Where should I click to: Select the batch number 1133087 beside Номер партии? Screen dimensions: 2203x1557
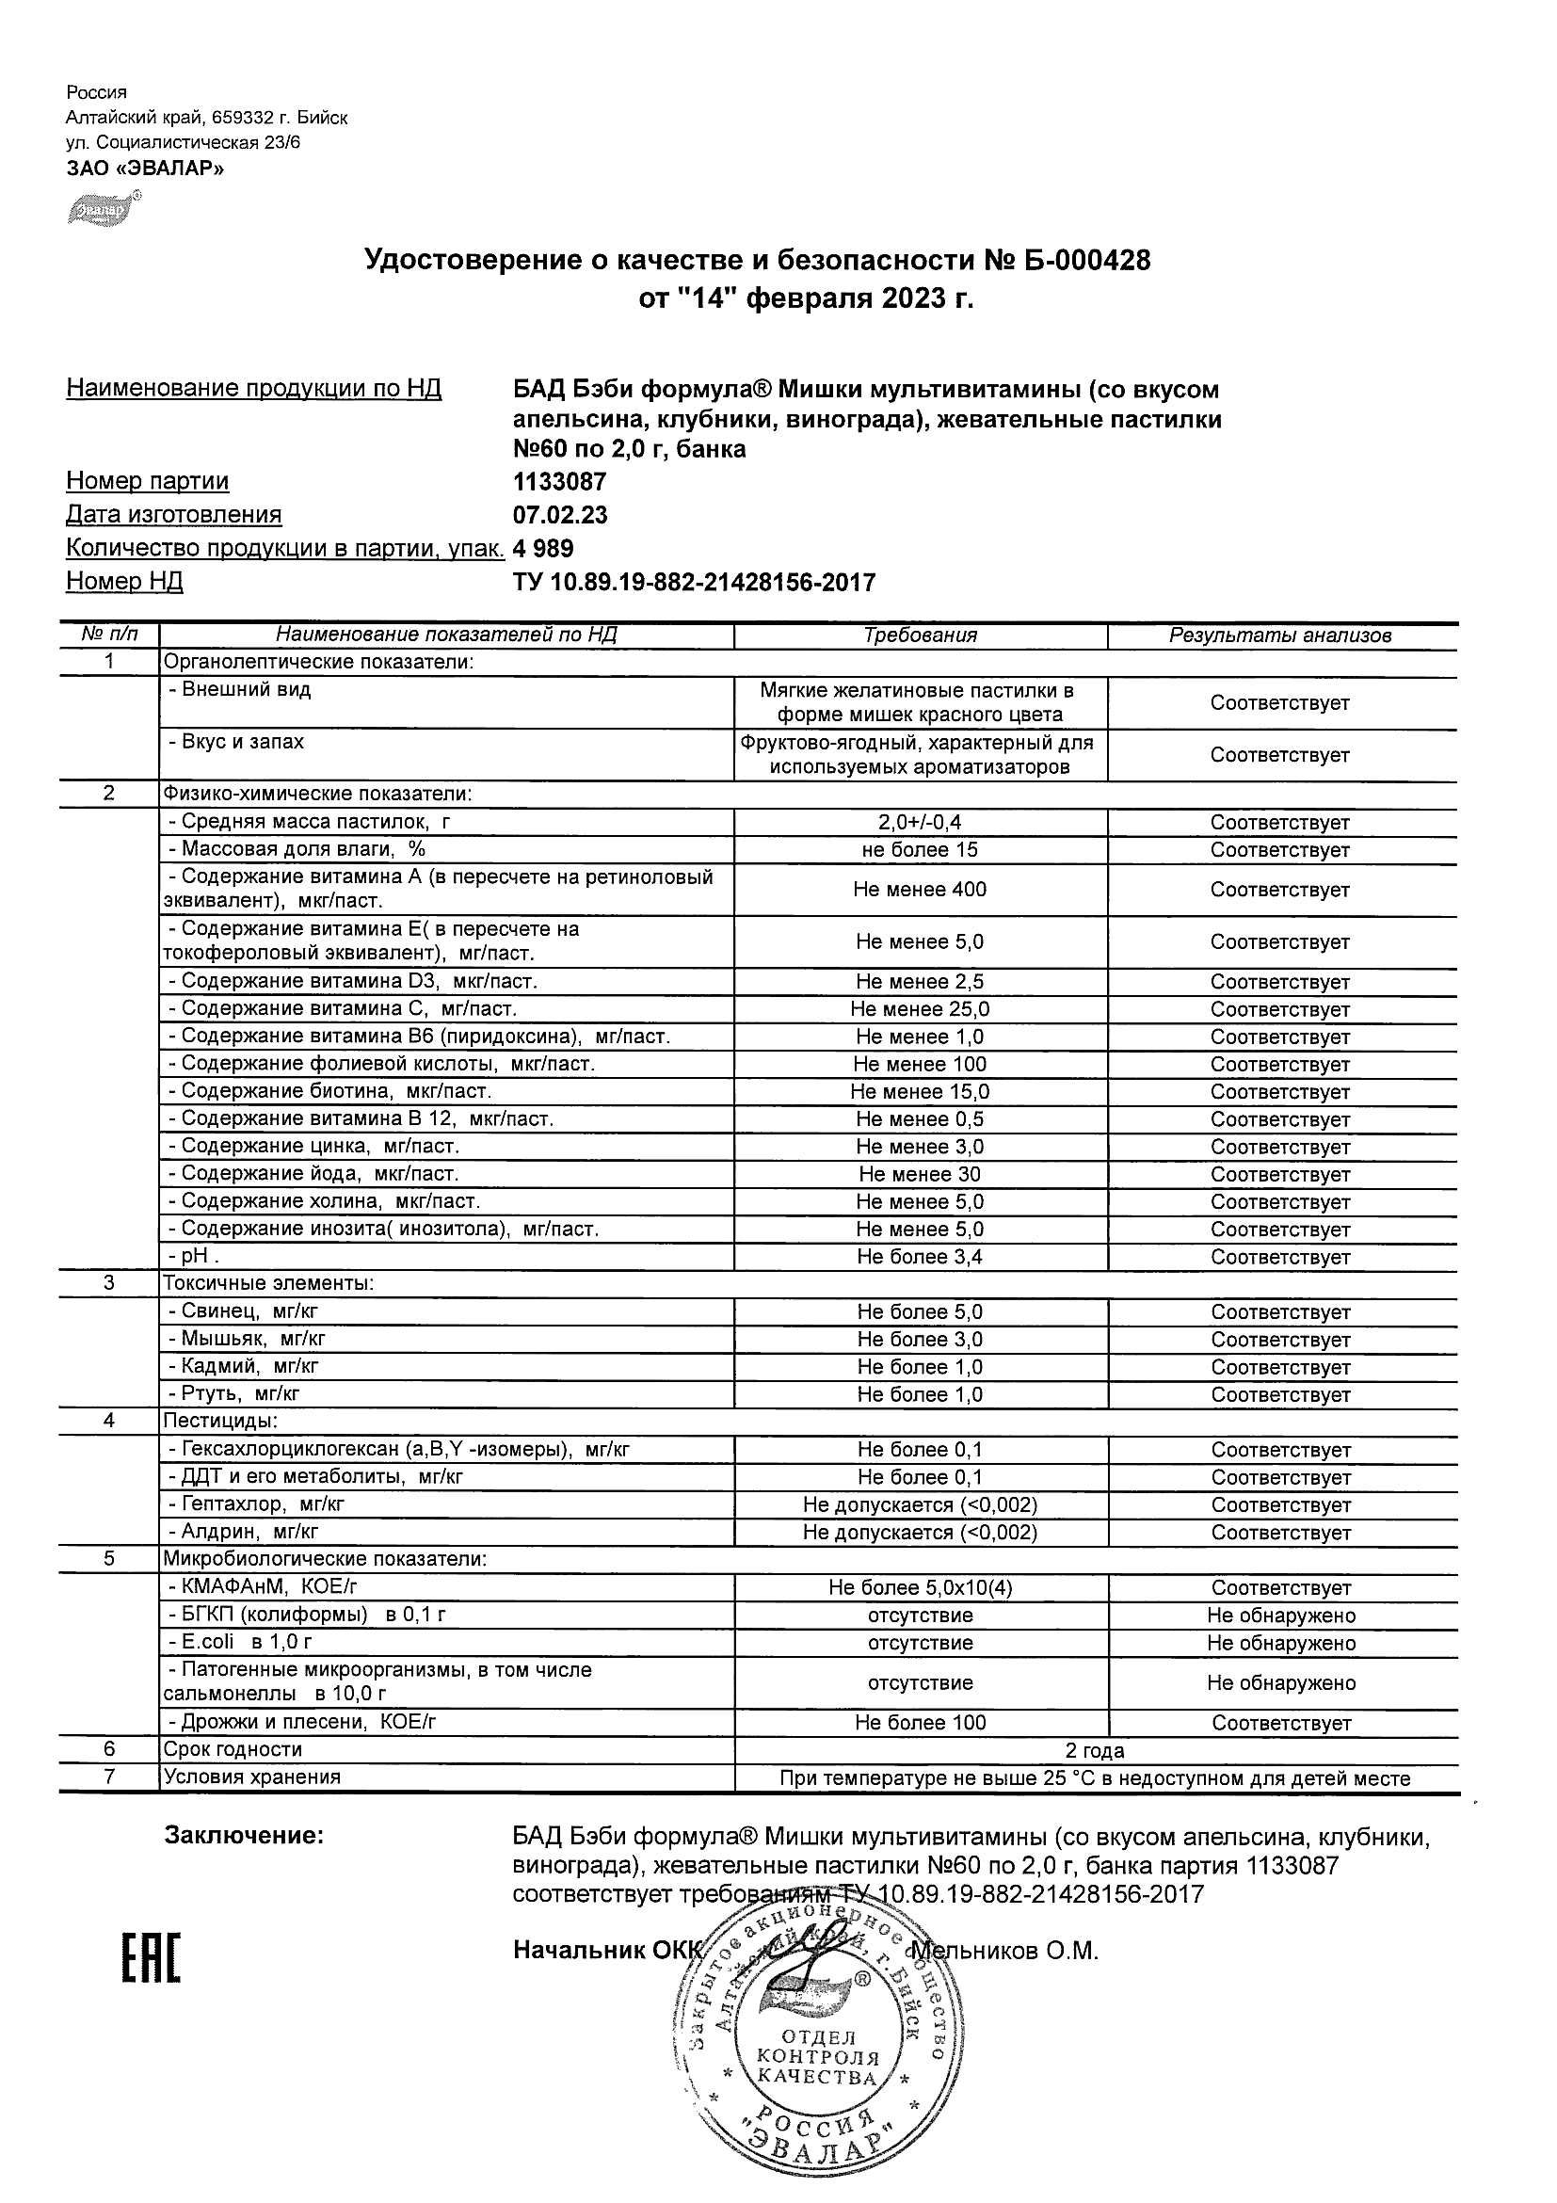[559, 482]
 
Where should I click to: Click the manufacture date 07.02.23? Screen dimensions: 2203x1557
[560, 515]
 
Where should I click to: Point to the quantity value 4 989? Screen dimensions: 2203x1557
[543, 549]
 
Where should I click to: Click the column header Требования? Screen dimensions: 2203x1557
[920, 635]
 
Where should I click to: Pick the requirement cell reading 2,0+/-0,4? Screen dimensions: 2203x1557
[920, 822]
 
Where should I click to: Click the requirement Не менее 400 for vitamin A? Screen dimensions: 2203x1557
[920, 890]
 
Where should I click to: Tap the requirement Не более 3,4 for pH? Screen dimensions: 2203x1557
[920, 1257]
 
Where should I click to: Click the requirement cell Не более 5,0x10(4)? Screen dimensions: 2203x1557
[920, 1588]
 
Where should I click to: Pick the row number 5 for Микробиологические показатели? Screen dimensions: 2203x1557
[109, 1559]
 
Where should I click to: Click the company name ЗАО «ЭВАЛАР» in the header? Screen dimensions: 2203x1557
[145, 169]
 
